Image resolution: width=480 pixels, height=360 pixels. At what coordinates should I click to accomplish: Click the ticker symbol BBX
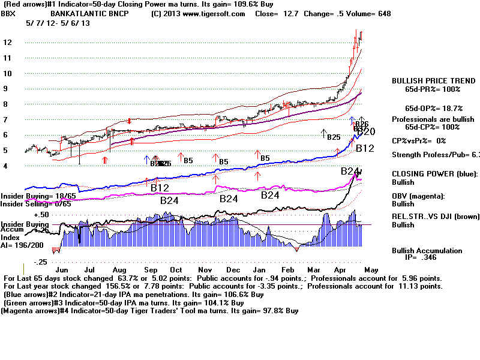pos(9,13)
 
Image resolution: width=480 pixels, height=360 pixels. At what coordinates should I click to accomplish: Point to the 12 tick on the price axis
pos(7,43)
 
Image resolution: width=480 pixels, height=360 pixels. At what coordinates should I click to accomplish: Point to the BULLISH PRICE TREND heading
pos(426,80)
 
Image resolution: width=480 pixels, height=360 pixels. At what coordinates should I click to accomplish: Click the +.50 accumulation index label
pos(41,214)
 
